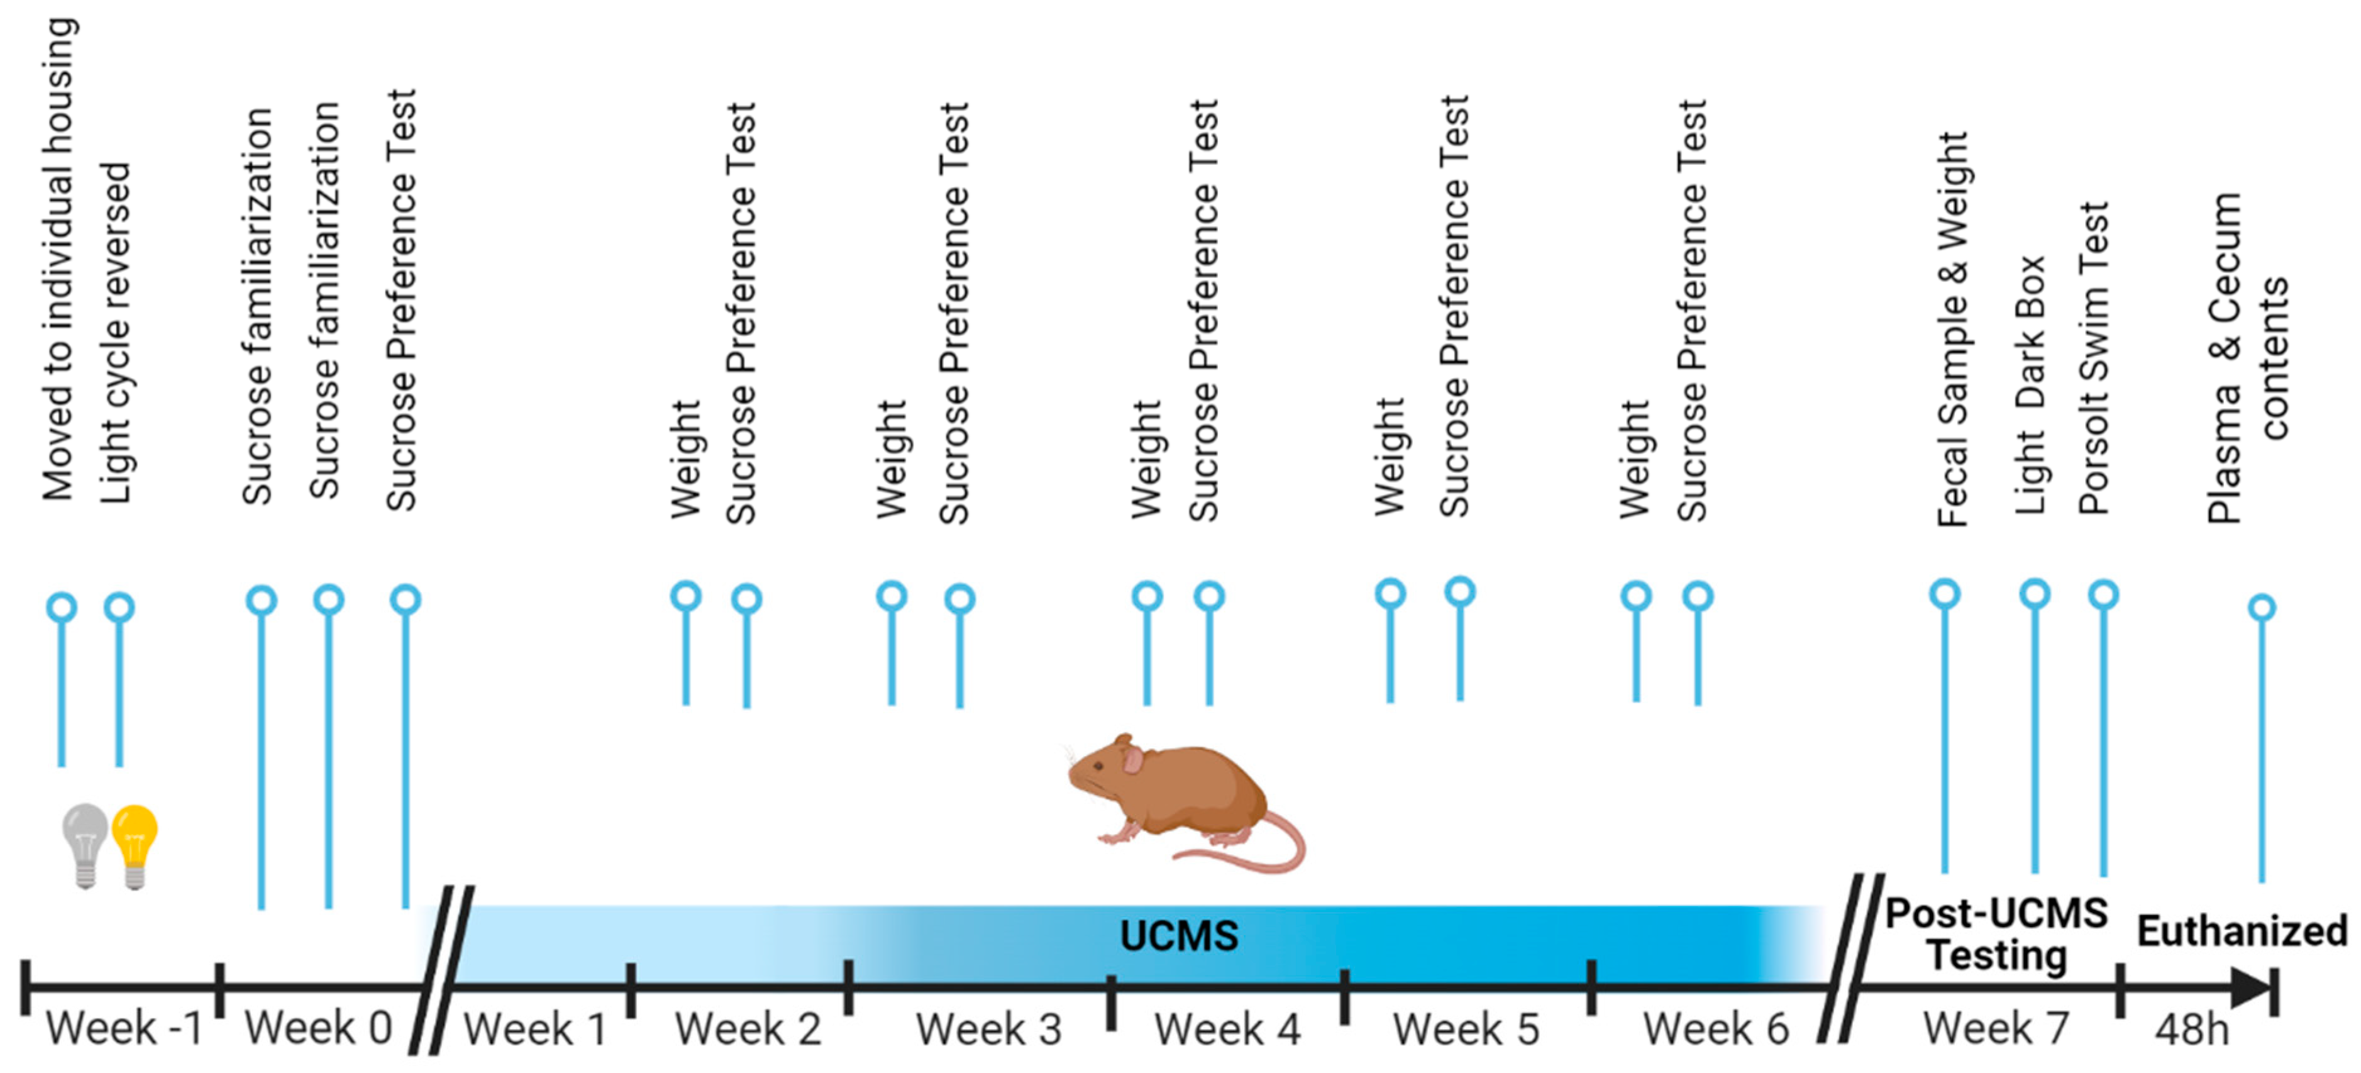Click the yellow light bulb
tap(135, 839)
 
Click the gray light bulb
tap(86, 839)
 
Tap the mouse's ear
tap(1135, 759)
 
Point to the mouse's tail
tap(1265, 853)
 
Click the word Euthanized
tap(2242, 931)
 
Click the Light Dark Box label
tap(2030, 385)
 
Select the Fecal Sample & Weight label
tap(1953, 330)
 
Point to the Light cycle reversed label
tap(116, 334)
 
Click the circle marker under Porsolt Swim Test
tap(2103, 594)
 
